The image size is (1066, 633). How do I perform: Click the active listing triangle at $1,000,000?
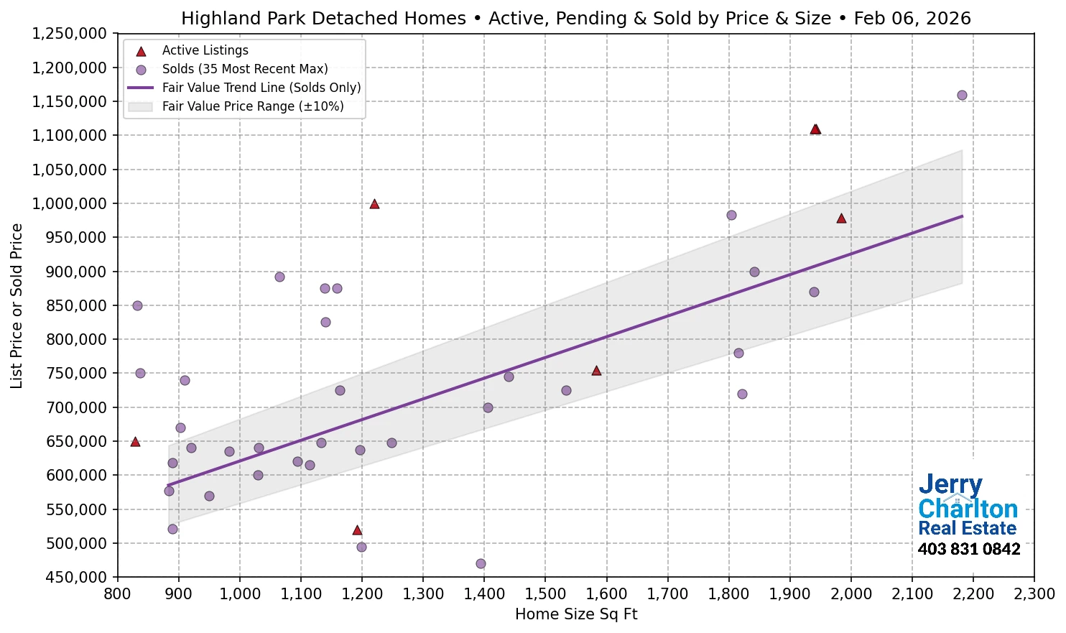point(374,204)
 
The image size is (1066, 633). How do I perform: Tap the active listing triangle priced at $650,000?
point(135,442)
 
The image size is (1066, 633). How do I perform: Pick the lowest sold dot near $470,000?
point(481,564)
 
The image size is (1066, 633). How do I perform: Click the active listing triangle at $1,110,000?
point(815,129)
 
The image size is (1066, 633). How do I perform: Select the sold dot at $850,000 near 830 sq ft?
point(137,305)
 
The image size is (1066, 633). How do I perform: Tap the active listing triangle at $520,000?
point(357,530)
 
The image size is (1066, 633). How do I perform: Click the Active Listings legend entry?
point(205,50)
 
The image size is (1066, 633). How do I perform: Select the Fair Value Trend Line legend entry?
point(261,88)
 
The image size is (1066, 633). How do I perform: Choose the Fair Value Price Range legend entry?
point(252,106)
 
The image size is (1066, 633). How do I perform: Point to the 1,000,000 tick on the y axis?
point(70,204)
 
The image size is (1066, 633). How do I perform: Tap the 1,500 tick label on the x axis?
point(545,594)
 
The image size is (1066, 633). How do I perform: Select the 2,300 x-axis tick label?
point(1034,594)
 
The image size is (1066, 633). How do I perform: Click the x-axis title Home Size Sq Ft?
point(576,614)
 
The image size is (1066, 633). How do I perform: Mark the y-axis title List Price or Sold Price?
point(17,305)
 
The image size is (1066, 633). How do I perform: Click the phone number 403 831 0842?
point(969,550)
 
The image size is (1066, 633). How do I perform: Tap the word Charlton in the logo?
point(968,509)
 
